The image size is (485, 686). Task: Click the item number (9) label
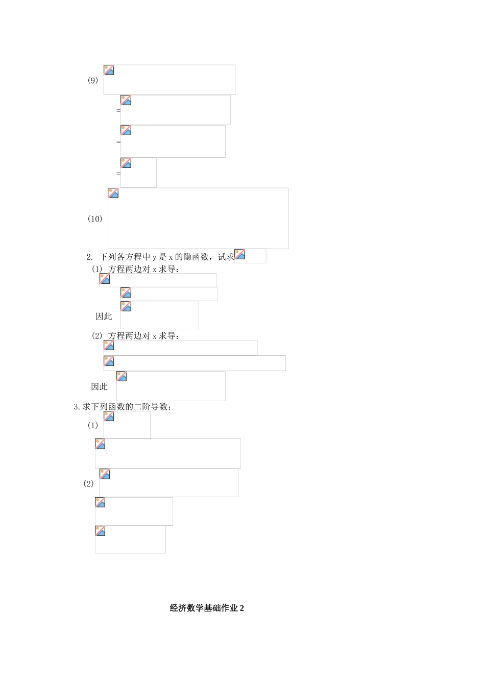(x=93, y=80)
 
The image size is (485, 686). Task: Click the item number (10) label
(x=95, y=219)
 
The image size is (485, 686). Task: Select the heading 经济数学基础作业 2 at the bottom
(x=207, y=608)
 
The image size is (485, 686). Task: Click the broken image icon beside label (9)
(x=109, y=70)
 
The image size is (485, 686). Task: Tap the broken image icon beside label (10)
(x=113, y=193)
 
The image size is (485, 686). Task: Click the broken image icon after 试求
(x=240, y=254)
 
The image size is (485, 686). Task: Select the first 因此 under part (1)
(x=104, y=316)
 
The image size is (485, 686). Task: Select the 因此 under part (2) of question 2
(x=100, y=387)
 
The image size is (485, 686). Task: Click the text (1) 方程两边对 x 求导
(x=135, y=269)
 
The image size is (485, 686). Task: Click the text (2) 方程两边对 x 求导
(x=135, y=336)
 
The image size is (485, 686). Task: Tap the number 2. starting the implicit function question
(x=90, y=257)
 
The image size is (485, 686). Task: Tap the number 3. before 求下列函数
(x=77, y=407)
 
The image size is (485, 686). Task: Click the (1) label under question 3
(x=92, y=425)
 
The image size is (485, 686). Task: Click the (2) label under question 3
(x=88, y=483)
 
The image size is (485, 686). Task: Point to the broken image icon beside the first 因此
(x=126, y=306)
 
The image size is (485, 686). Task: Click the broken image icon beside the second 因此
(x=122, y=377)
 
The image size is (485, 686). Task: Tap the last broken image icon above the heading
(x=100, y=531)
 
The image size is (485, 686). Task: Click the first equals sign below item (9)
(x=118, y=110)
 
